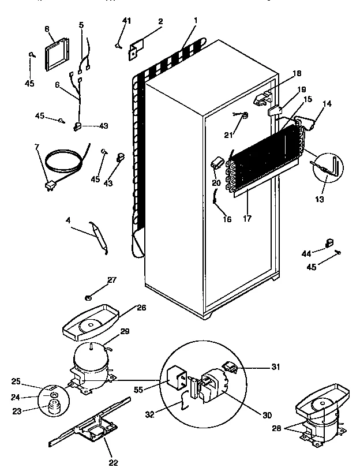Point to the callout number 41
[126, 21]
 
